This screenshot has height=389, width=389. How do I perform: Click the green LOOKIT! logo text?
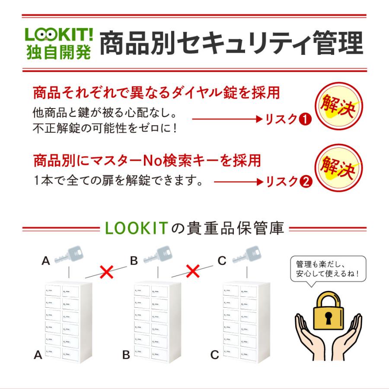click(58, 35)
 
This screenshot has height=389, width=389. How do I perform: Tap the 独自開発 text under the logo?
click(58, 52)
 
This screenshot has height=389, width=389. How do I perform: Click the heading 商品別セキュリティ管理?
click(231, 44)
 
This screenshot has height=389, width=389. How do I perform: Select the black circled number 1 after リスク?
click(306, 119)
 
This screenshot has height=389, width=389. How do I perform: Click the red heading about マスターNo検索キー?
click(147, 161)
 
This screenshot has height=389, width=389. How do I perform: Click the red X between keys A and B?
click(106, 272)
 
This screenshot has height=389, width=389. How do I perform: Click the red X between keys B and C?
click(193, 272)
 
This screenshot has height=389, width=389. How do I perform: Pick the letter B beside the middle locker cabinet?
click(126, 355)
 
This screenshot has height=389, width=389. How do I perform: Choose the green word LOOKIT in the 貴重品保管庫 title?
click(136, 228)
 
